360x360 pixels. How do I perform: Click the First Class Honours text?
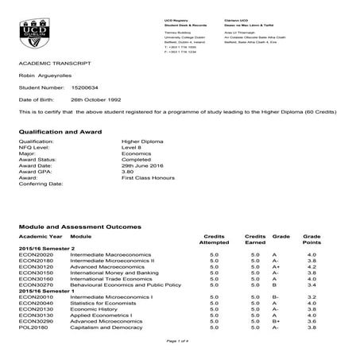point(134,177)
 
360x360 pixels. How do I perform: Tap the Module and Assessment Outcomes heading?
point(80,226)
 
